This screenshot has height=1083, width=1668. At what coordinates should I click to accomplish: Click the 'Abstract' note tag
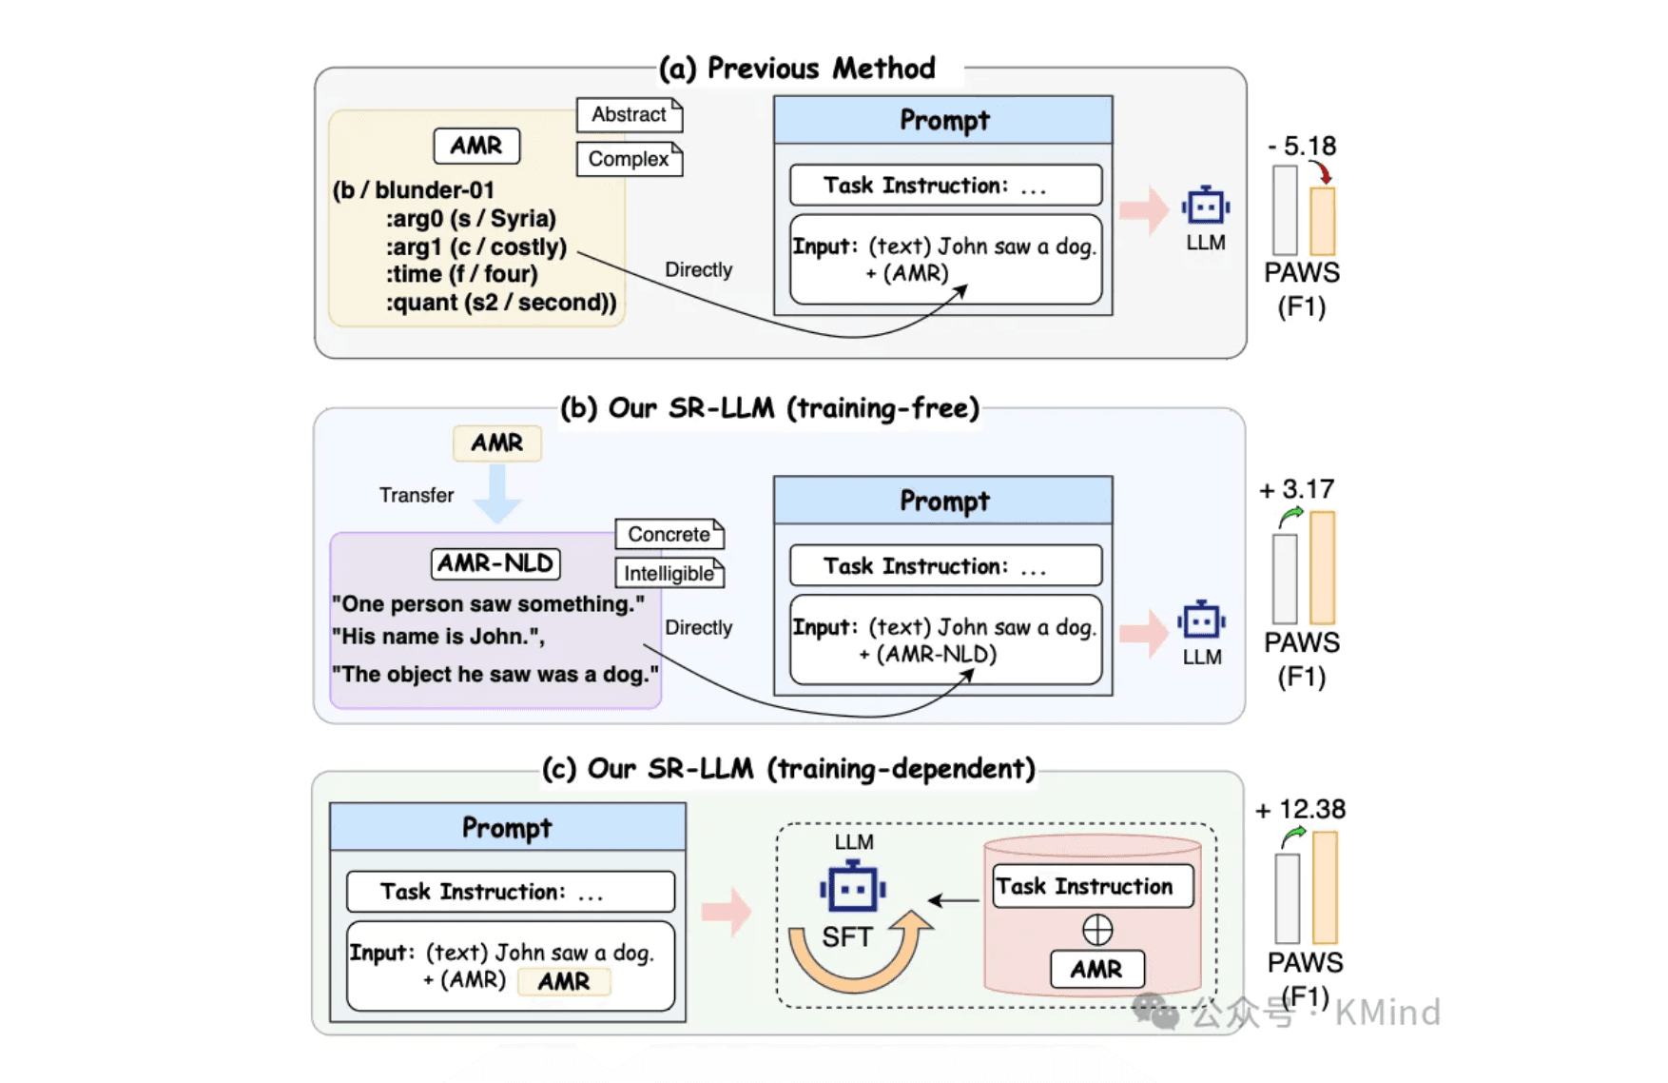pos(629,115)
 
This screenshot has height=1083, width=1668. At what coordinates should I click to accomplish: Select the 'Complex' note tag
pos(629,159)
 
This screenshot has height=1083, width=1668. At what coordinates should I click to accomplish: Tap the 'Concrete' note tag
pos(669,534)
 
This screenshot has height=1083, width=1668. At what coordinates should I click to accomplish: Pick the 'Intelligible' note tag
pos(669,573)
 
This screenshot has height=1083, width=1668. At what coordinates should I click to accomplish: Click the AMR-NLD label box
pos(495,563)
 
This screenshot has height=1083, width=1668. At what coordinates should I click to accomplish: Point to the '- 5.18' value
pos(1302,146)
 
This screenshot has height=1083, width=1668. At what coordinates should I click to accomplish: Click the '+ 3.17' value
pos(1297,489)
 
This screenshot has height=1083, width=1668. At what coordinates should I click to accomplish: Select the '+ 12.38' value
pos(1300,809)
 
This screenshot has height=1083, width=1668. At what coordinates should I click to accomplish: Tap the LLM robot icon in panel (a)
pos(1205,206)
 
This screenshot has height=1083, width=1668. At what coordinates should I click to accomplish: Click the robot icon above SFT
pos(852,887)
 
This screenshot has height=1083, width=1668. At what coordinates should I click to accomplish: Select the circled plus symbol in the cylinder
pos(1096,929)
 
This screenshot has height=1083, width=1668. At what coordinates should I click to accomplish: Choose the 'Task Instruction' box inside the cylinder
pos(1092,886)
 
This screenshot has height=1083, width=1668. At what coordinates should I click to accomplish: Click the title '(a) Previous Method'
pos(797,69)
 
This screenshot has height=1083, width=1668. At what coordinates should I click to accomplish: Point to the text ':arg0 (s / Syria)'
pos(470,218)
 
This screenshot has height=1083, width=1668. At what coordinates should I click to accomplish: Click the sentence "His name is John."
pos(437,637)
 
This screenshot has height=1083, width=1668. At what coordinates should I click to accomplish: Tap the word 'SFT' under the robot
pos(846,937)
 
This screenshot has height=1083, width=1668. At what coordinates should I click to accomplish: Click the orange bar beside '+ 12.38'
pos(1325,887)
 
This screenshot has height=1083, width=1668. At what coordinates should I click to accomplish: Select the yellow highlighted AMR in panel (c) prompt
pos(563,981)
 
